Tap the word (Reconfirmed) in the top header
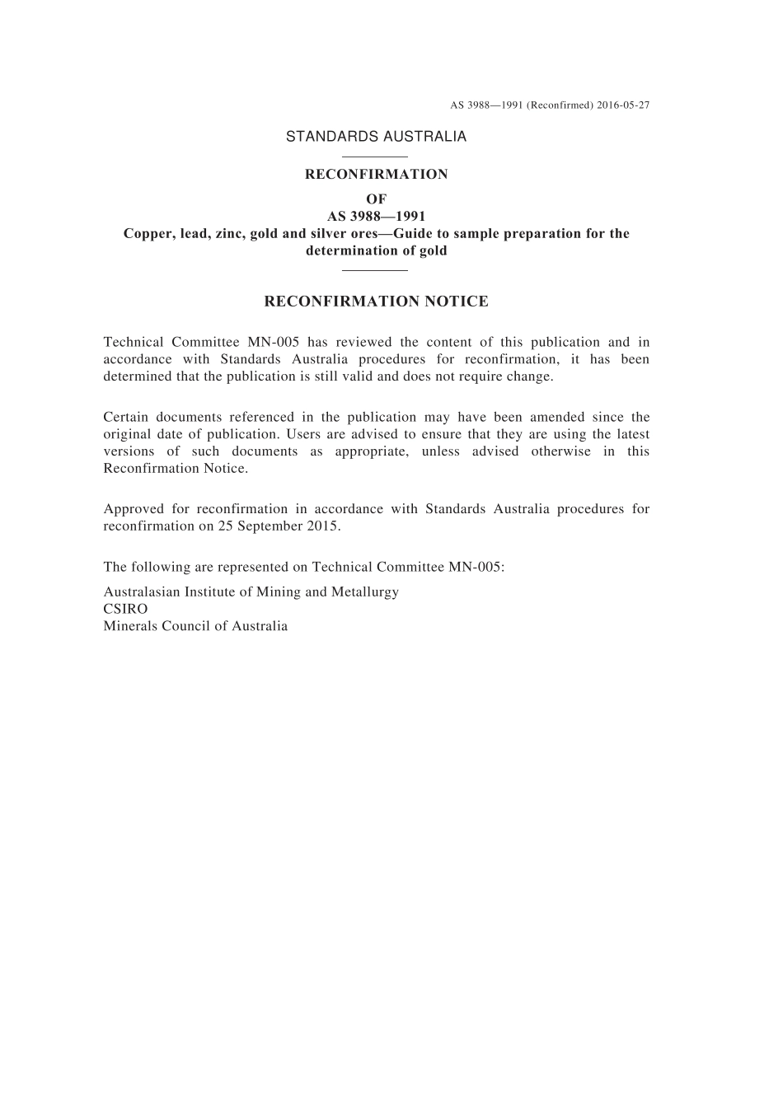pyautogui.click(x=559, y=105)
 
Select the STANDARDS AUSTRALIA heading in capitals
pyautogui.click(x=376, y=137)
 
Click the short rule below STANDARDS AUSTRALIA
pyautogui.click(x=375, y=157)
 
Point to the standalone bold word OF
pyautogui.click(x=376, y=199)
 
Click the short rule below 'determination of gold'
pyautogui.click(x=375, y=269)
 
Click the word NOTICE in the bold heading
pyautogui.click(x=456, y=302)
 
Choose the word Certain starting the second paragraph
pyautogui.click(x=124, y=418)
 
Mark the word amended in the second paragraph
pyautogui.click(x=557, y=418)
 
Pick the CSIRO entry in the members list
pyautogui.click(x=125, y=610)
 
